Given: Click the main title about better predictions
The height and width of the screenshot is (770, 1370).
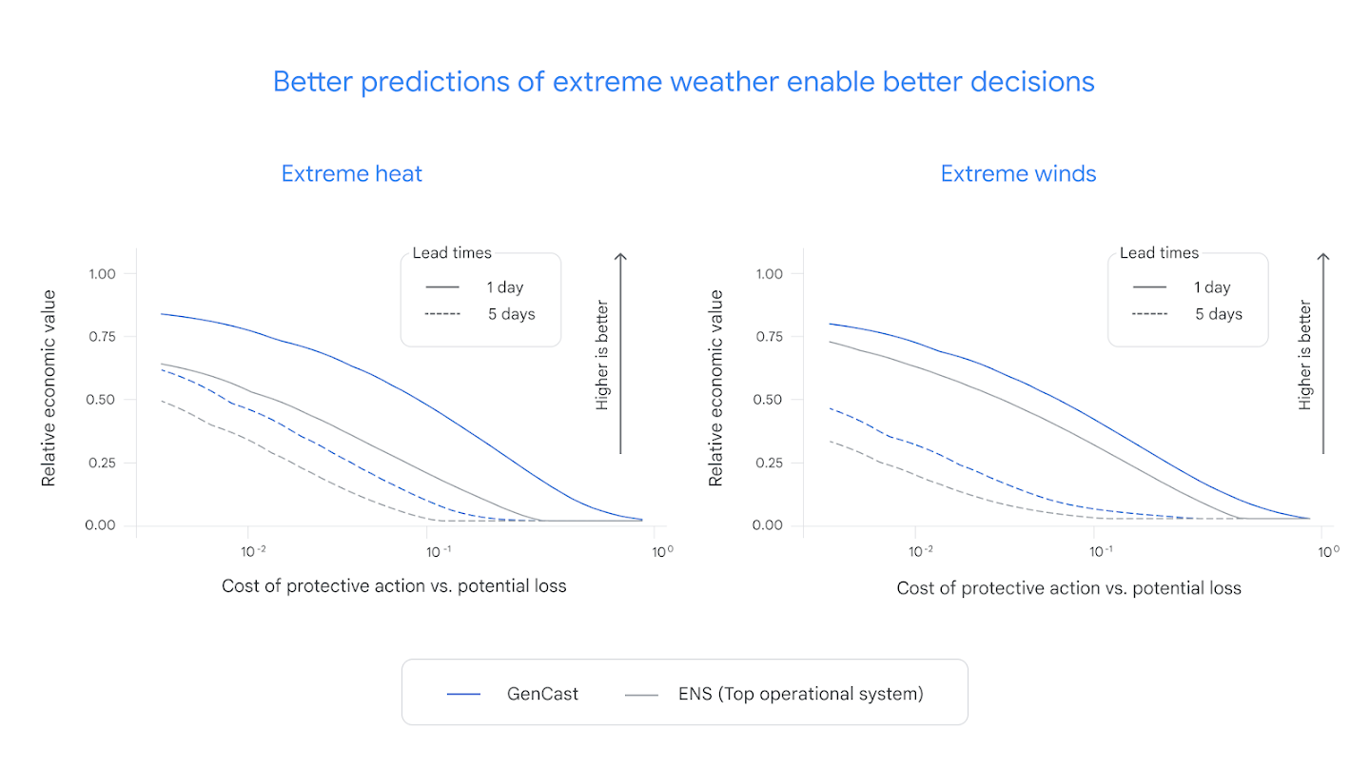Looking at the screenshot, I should coord(683,82).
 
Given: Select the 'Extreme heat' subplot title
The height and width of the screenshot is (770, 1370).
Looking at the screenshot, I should coord(352,174).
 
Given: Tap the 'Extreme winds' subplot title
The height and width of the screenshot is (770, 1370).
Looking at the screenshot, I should coord(1018,174).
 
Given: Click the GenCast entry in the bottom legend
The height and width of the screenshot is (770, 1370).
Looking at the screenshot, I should coord(542,694).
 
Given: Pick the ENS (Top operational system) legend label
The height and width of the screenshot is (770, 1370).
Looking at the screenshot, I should coord(800,694).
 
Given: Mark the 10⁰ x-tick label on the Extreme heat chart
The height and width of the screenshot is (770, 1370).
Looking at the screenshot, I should coord(662,551).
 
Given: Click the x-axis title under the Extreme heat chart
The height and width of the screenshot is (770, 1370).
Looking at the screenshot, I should coord(394,586).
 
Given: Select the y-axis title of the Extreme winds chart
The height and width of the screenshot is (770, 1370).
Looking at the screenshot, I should coord(716,388).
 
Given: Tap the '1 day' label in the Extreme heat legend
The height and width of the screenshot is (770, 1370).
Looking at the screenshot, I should coord(505,287).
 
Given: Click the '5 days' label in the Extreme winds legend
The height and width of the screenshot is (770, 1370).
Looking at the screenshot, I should coord(1219,314).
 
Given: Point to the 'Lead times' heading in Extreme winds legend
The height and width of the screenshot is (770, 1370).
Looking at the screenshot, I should coord(1159,253).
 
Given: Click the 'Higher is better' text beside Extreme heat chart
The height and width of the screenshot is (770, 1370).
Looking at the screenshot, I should coord(601,355).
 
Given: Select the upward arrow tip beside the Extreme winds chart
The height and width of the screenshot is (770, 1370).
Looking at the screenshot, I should coord(1322,256).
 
